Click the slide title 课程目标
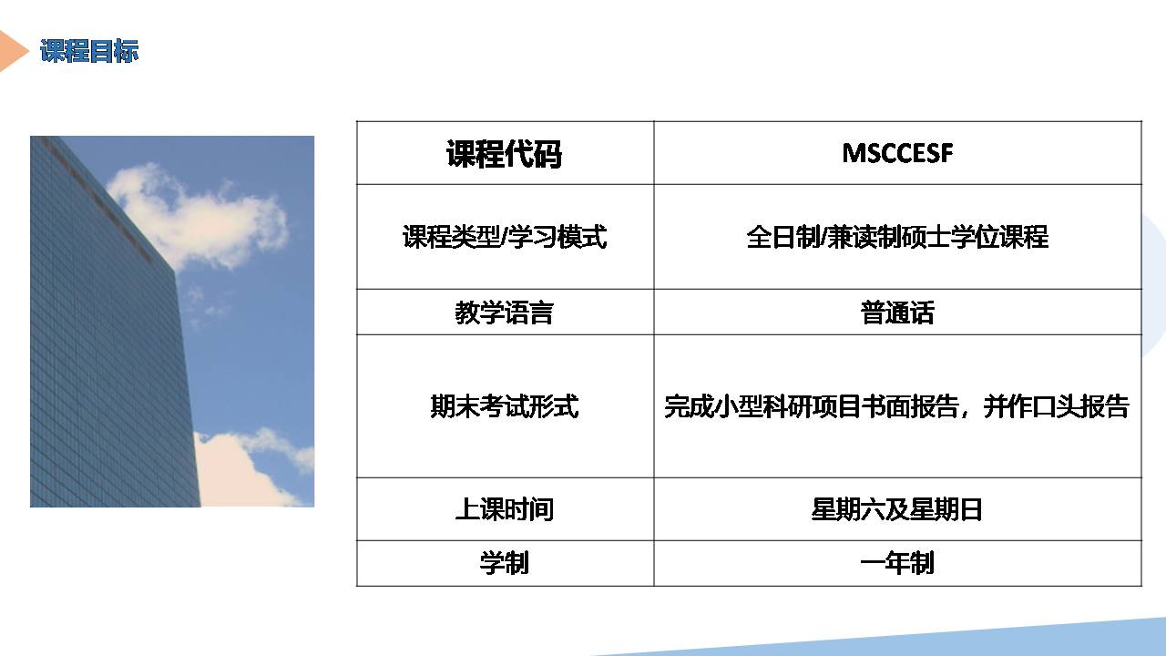click(x=89, y=51)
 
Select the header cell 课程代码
click(x=504, y=154)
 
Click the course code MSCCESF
click(x=897, y=153)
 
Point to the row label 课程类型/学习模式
click(x=504, y=237)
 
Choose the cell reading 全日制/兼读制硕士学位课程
click(x=897, y=237)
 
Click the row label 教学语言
click(x=504, y=313)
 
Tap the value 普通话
click(x=897, y=313)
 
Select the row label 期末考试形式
click(x=504, y=406)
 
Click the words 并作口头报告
click(x=1056, y=406)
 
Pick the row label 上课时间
click(x=504, y=509)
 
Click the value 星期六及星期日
click(x=897, y=509)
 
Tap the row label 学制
click(x=504, y=563)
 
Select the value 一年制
click(x=897, y=563)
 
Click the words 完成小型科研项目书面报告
click(x=812, y=406)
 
